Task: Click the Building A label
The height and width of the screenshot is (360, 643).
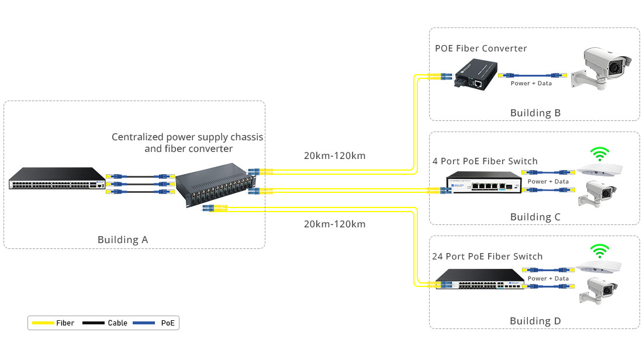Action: coord(123,240)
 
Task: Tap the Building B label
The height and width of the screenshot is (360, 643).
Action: coord(535,113)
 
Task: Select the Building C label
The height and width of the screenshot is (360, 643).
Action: coord(535,217)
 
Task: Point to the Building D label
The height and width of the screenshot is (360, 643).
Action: coord(535,321)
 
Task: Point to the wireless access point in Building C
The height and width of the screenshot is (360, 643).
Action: coord(599,169)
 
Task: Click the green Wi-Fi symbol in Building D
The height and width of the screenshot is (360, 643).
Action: coord(597,251)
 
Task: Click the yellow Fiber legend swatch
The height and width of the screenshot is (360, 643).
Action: coord(43,323)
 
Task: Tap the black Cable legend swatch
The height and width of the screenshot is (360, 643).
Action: coord(94,323)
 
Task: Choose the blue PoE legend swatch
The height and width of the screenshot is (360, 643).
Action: coord(144,323)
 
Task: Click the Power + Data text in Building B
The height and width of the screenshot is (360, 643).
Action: coord(531,84)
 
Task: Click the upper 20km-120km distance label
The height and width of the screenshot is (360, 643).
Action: coord(334,156)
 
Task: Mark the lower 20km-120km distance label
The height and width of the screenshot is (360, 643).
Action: coord(334,224)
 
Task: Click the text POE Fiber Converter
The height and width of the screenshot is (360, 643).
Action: coord(480,49)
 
